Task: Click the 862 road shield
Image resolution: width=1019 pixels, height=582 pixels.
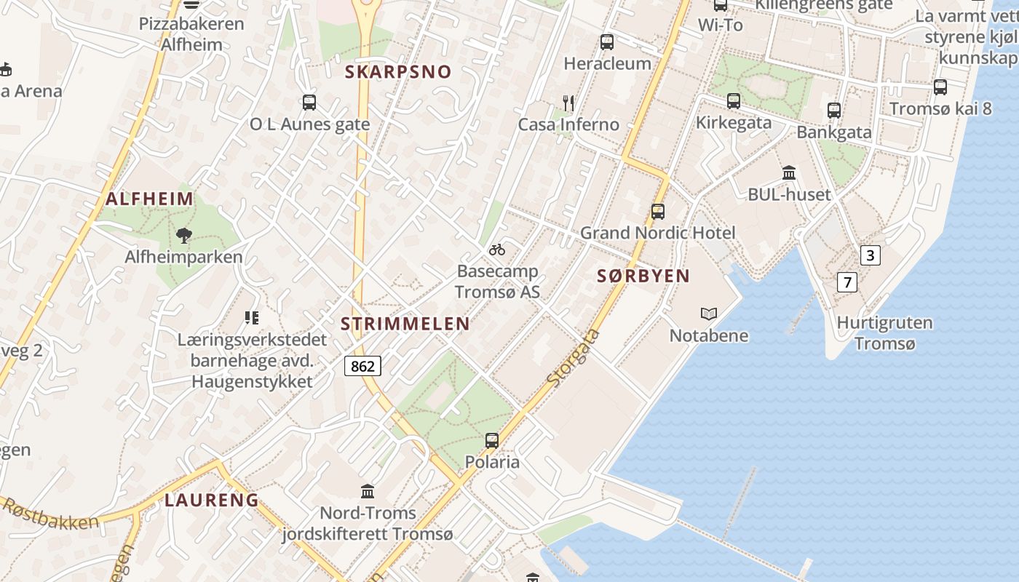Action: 362,366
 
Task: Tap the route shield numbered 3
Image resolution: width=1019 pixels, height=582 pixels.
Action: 870,255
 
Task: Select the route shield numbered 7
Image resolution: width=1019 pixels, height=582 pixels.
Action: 846,282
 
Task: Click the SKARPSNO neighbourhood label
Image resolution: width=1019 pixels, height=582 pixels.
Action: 398,71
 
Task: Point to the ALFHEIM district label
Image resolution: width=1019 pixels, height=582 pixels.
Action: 150,199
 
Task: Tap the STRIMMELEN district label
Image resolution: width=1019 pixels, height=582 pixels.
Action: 405,324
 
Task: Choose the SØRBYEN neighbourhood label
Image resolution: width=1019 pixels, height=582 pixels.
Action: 643,276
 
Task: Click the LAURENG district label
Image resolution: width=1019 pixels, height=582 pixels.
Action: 212,500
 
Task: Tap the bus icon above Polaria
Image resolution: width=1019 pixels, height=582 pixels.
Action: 492,441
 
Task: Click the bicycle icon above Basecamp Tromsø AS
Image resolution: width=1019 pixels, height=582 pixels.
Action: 497,250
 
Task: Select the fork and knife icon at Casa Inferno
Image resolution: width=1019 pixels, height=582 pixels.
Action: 568,103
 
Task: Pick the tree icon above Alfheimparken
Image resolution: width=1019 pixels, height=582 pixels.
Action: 183,235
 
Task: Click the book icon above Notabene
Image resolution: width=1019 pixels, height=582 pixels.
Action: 709,314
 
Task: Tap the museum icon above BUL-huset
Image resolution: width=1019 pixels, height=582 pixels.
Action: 789,173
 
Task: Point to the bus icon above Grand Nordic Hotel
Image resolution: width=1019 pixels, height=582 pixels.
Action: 658,212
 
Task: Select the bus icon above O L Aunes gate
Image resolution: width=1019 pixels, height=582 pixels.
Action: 309,103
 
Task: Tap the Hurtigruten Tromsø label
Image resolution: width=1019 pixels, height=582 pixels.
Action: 884,333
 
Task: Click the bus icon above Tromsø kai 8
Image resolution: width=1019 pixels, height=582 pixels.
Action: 940,87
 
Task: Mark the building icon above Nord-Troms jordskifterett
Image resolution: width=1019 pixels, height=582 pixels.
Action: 368,492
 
